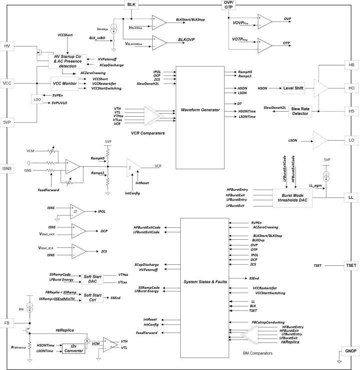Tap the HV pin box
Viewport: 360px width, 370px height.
click(x=8, y=46)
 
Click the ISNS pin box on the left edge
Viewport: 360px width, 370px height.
click(x=8, y=168)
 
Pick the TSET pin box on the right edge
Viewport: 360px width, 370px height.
click(x=350, y=265)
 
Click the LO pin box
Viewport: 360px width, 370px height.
click(x=350, y=141)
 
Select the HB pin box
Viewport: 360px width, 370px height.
click(x=350, y=66)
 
